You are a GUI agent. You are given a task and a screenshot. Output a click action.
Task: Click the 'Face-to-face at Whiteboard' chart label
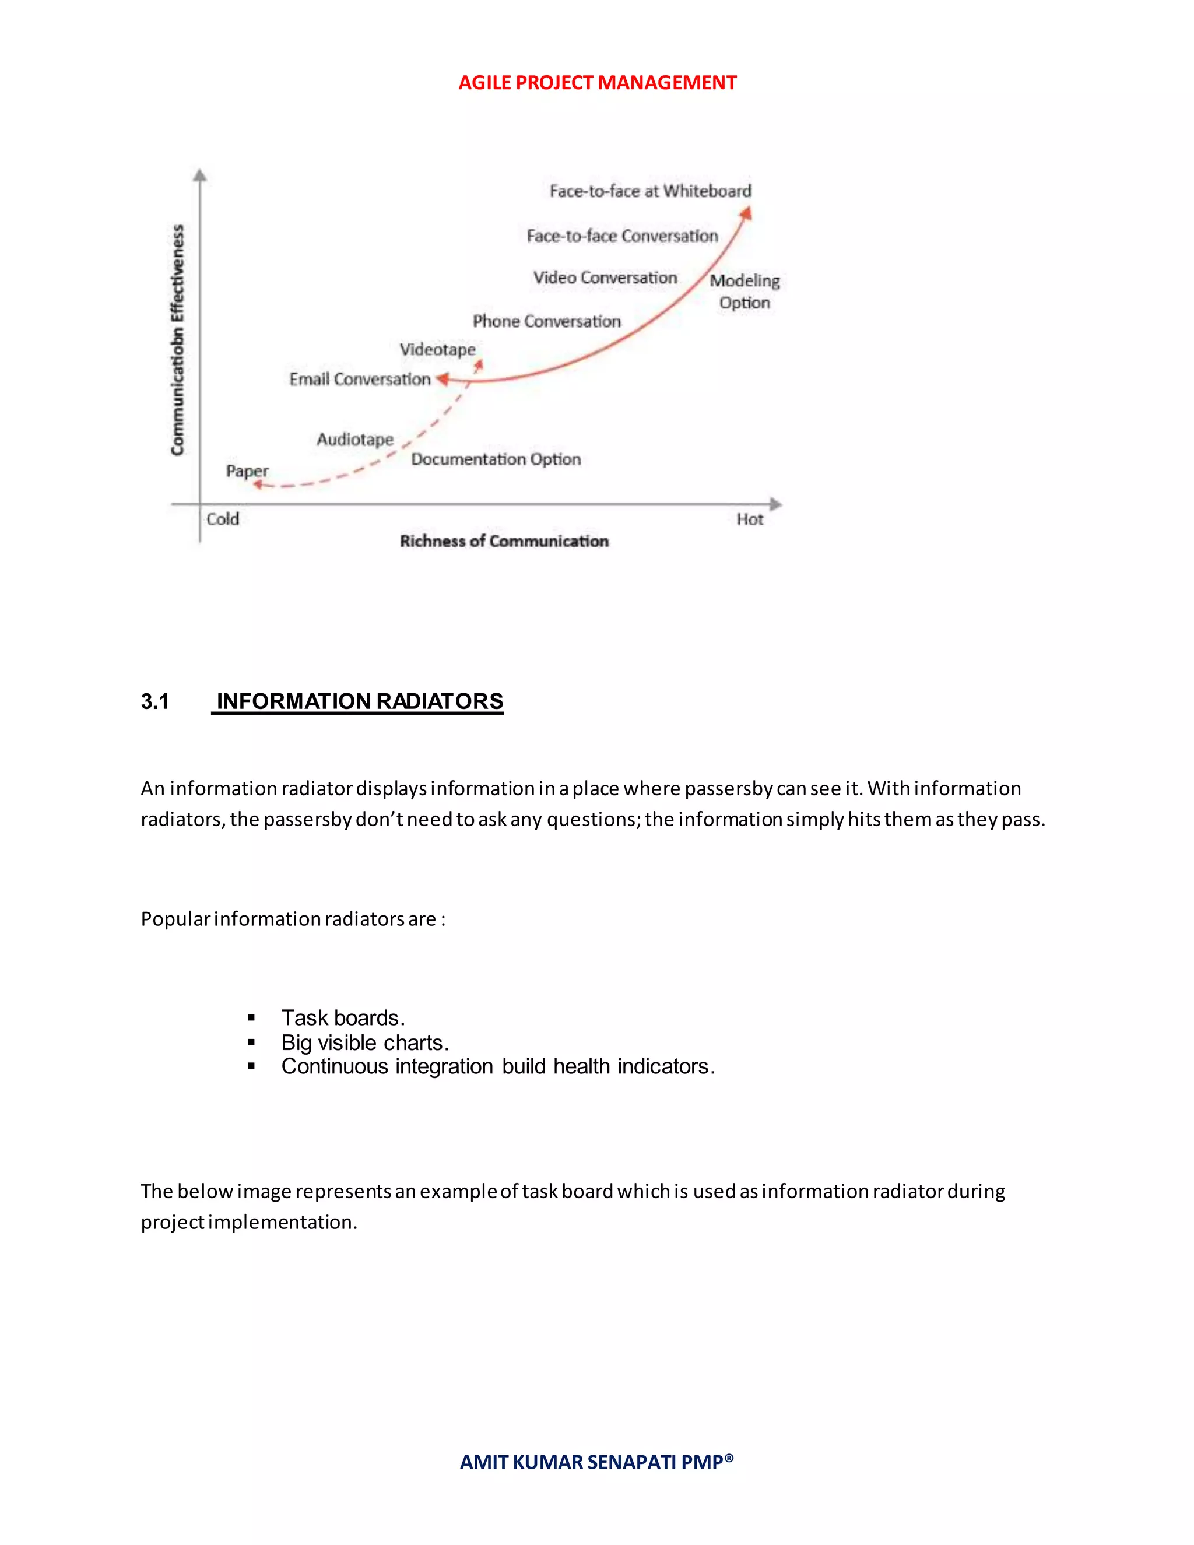[650, 191]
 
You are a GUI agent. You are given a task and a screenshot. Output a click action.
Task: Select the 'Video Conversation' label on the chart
[605, 278]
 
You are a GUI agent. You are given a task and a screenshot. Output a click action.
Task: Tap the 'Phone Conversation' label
[547, 321]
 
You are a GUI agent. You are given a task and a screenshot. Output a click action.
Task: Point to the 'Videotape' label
[437, 349]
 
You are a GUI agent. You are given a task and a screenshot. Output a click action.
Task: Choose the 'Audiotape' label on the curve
[355, 440]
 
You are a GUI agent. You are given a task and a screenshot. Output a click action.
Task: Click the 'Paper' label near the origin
[247, 471]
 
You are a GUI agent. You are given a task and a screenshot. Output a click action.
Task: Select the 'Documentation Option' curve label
[496, 459]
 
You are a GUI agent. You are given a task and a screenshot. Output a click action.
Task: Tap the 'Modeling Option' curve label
[745, 292]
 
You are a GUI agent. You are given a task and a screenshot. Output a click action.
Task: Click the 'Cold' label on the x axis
[223, 519]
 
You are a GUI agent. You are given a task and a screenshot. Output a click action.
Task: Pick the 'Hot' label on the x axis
[750, 519]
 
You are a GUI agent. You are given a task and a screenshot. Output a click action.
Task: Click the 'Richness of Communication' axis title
[504, 541]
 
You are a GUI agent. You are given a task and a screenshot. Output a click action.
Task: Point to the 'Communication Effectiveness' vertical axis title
[178, 339]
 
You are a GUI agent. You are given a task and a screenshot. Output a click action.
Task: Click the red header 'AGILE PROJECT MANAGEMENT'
[597, 83]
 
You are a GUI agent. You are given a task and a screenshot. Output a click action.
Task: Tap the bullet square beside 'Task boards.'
[251, 1018]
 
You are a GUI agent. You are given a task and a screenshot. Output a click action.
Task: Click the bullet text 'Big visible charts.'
[365, 1043]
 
